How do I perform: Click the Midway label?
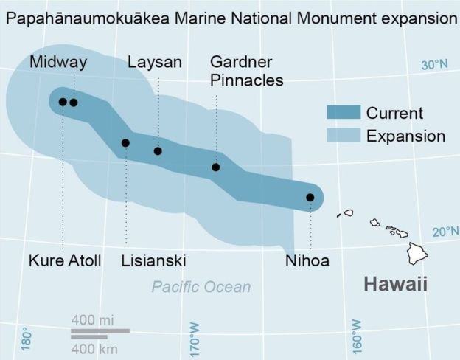(58, 63)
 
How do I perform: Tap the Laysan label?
(155, 63)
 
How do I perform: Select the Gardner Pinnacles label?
(246, 71)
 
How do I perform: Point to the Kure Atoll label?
(66, 260)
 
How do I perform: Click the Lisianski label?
(153, 260)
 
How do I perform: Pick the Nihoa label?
(307, 260)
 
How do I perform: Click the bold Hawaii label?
(396, 285)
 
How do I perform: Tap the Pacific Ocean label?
(201, 287)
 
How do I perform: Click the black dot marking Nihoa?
(310, 198)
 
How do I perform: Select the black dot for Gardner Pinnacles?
(216, 167)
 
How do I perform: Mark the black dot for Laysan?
(158, 151)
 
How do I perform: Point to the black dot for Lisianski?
(125, 143)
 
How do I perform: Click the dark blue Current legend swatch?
(344, 113)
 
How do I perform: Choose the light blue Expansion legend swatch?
(344, 136)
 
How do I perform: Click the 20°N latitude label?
(445, 232)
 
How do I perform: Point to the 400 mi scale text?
(93, 320)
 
